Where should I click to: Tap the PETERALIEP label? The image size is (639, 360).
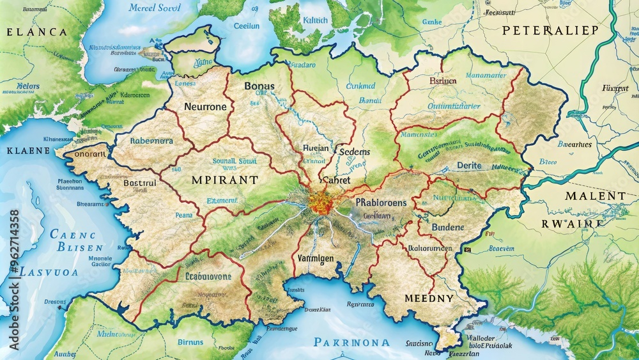550,30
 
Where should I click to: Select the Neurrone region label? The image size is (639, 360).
205,107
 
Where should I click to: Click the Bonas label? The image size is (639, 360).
259,85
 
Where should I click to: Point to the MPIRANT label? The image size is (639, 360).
224,180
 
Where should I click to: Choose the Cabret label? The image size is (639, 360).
336,180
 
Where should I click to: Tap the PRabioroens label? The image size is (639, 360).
381,202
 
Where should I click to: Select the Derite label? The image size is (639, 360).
470,166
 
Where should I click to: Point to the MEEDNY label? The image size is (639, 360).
429,298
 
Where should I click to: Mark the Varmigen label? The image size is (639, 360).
316,258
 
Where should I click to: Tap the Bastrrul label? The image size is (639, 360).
139,183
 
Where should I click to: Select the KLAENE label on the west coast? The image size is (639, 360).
27,151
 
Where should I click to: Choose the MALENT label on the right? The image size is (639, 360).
595,196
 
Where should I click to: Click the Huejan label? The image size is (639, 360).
316,148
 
